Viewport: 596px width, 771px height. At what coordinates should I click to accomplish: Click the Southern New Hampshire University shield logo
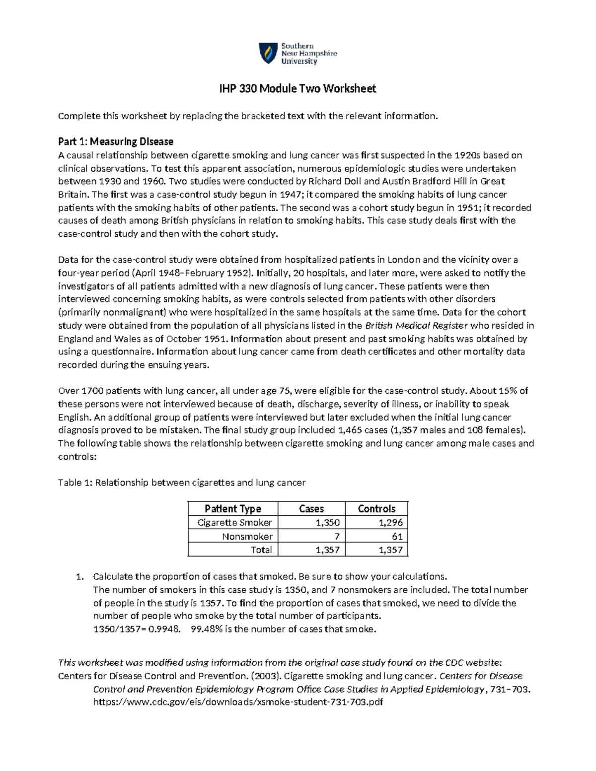[268, 53]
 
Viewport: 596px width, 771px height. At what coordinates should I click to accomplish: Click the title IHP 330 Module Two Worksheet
[298, 89]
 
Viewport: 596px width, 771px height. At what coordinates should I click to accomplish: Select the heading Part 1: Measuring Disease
[115, 141]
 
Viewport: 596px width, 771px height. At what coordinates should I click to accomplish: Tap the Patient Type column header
[232, 508]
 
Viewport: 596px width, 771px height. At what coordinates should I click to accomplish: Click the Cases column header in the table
[311, 508]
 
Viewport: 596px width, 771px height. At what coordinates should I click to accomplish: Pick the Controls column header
[376, 508]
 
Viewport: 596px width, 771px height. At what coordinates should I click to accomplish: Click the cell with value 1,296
[390, 522]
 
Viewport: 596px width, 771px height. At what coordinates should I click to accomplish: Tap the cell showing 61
[397, 536]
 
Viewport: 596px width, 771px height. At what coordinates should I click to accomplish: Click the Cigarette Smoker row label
[234, 522]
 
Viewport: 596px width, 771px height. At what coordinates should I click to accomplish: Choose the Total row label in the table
[261, 550]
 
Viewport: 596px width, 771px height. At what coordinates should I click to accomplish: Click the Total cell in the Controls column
[390, 550]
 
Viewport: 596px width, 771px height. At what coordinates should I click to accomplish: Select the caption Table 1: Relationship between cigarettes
[182, 483]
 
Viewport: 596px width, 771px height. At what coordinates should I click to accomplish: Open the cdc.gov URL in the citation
[238, 702]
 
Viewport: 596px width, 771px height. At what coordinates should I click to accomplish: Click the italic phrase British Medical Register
[416, 326]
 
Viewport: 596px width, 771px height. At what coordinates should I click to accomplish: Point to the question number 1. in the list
[79, 577]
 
